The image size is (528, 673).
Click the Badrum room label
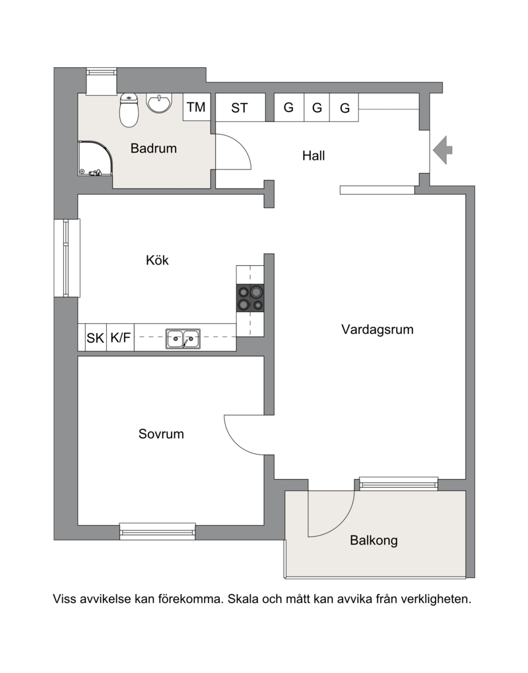[153, 148]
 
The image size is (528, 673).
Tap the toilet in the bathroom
[129, 110]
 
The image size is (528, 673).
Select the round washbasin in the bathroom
[159, 104]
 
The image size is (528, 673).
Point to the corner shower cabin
[95, 159]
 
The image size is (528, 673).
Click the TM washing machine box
[197, 107]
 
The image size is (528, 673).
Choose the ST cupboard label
[239, 108]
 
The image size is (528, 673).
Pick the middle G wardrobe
[317, 108]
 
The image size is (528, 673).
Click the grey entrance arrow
[442, 150]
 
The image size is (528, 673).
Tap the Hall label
[313, 156]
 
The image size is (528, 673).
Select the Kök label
[157, 260]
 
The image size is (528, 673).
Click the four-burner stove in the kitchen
[250, 298]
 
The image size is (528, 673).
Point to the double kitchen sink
[183, 338]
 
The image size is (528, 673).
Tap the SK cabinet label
[95, 338]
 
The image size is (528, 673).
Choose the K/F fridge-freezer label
[120, 338]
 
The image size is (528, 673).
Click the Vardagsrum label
[378, 330]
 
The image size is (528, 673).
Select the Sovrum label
[161, 434]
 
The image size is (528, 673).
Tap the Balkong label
[374, 540]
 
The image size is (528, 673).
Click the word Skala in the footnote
[243, 598]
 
